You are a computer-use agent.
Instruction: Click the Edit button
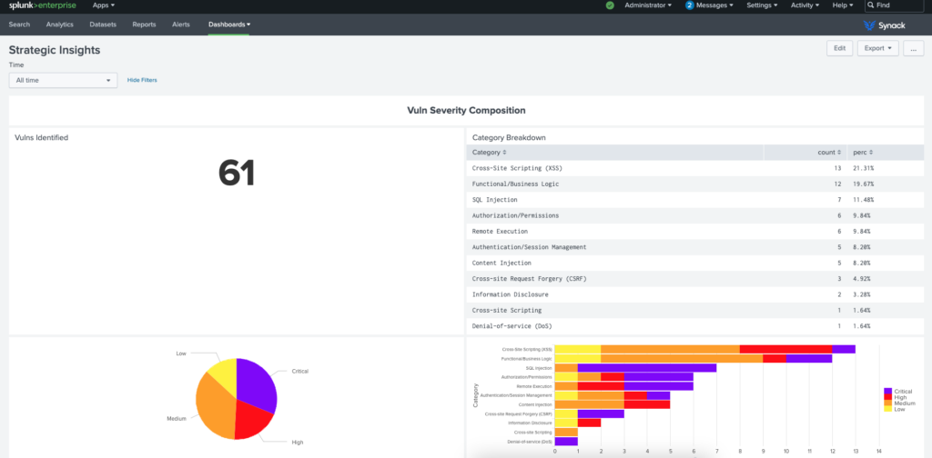click(839, 48)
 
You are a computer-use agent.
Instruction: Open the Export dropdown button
click(877, 48)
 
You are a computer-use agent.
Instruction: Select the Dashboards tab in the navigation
click(229, 25)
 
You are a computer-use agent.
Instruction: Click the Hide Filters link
click(142, 80)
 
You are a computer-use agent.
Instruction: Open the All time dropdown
click(64, 80)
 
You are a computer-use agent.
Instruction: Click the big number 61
click(237, 173)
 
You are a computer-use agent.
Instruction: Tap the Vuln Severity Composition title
click(466, 110)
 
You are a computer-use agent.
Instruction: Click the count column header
click(826, 152)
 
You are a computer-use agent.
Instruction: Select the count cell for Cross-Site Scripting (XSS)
click(836, 168)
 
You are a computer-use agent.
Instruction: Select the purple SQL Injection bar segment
click(646, 368)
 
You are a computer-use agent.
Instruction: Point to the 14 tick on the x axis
click(878, 449)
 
